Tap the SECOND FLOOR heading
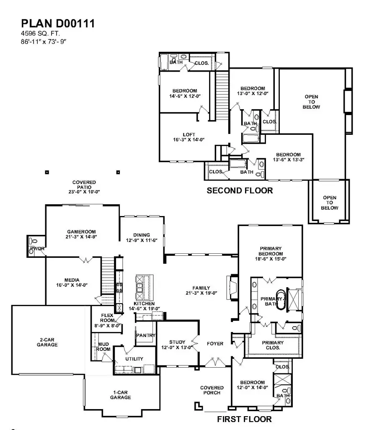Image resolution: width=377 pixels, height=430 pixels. pyautogui.click(x=240, y=191)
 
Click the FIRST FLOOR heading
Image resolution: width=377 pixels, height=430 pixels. pyautogui.click(x=244, y=419)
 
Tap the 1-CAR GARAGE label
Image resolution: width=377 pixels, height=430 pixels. pyautogui.click(x=120, y=395)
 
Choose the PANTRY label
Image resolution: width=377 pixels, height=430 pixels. pyautogui.click(x=146, y=335)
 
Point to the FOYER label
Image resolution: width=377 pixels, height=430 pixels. pyautogui.click(x=215, y=344)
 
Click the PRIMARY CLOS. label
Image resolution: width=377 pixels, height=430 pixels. pyautogui.click(x=273, y=345)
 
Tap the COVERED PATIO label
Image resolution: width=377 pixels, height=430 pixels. pyautogui.click(x=84, y=187)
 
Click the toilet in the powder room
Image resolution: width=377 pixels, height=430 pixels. pyautogui.click(x=33, y=242)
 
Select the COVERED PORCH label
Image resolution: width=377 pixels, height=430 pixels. pyautogui.click(x=212, y=390)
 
